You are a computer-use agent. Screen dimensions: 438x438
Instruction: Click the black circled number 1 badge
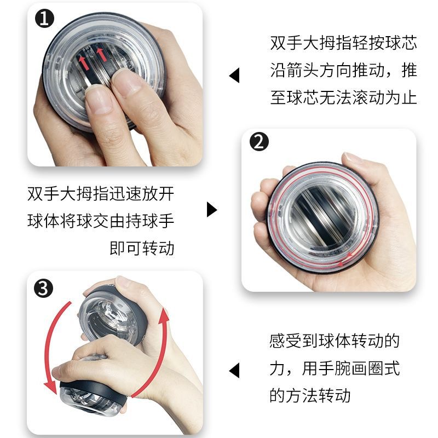pyautogui.click(x=44, y=19)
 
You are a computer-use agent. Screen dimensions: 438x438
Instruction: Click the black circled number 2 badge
pyautogui.click(x=259, y=141)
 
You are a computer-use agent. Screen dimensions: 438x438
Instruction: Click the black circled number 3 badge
pyautogui.click(x=43, y=289)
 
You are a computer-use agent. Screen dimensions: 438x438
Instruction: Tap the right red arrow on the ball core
pyautogui.click(x=101, y=54)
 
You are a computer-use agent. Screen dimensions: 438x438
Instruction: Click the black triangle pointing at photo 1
pyautogui.click(x=234, y=75)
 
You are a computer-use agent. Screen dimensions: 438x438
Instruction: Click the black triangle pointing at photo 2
pyautogui.click(x=212, y=210)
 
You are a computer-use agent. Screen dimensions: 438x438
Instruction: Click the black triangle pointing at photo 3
pyautogui.click(x=234, y=371)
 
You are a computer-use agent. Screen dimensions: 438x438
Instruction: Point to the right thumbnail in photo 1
pyautogui.click(x=126, y=81)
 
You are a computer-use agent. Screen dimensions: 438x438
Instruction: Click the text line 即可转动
pyautogui.click(x=142, y=248)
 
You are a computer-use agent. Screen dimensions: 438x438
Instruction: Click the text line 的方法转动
pyautogui.click(x=310, y=395)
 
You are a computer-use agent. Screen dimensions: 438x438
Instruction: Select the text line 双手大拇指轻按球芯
pyautogui.click(x=344, y=43)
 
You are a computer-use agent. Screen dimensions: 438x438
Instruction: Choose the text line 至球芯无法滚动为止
pyautogui.click(x=344, y=97)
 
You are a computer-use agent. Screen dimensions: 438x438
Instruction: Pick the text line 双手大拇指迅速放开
pyautogui.click(x=101, y=193)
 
